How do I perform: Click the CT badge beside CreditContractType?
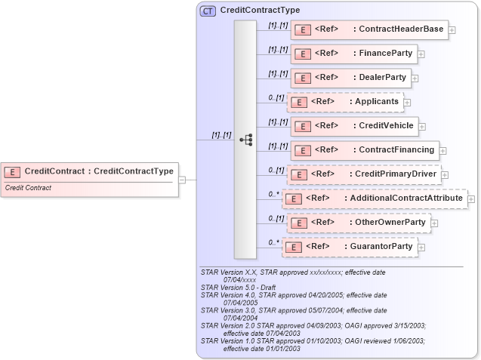(x=208, y=11)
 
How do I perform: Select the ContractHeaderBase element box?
(x=369, y=30)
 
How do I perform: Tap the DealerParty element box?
(x=350, y=78)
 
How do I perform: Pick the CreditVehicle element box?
(x=354, y=126)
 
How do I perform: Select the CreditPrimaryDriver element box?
(x=363, y=174)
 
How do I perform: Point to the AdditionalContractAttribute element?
(x=375, y=198)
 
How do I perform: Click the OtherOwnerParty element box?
(x=359, y=223)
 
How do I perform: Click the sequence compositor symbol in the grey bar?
(x=245, y=140)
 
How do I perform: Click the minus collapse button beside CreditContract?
(x=182, y=180)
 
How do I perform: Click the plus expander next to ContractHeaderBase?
(x=452, y=31)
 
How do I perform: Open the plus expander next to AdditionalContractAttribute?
(x=471, y=199)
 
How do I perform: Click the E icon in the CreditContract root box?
(x=13, y=171)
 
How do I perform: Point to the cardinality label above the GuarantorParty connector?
(x=274, y=242)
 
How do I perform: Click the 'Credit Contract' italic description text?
(x=28, y=188)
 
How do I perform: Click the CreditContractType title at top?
(x=259, y=11)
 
